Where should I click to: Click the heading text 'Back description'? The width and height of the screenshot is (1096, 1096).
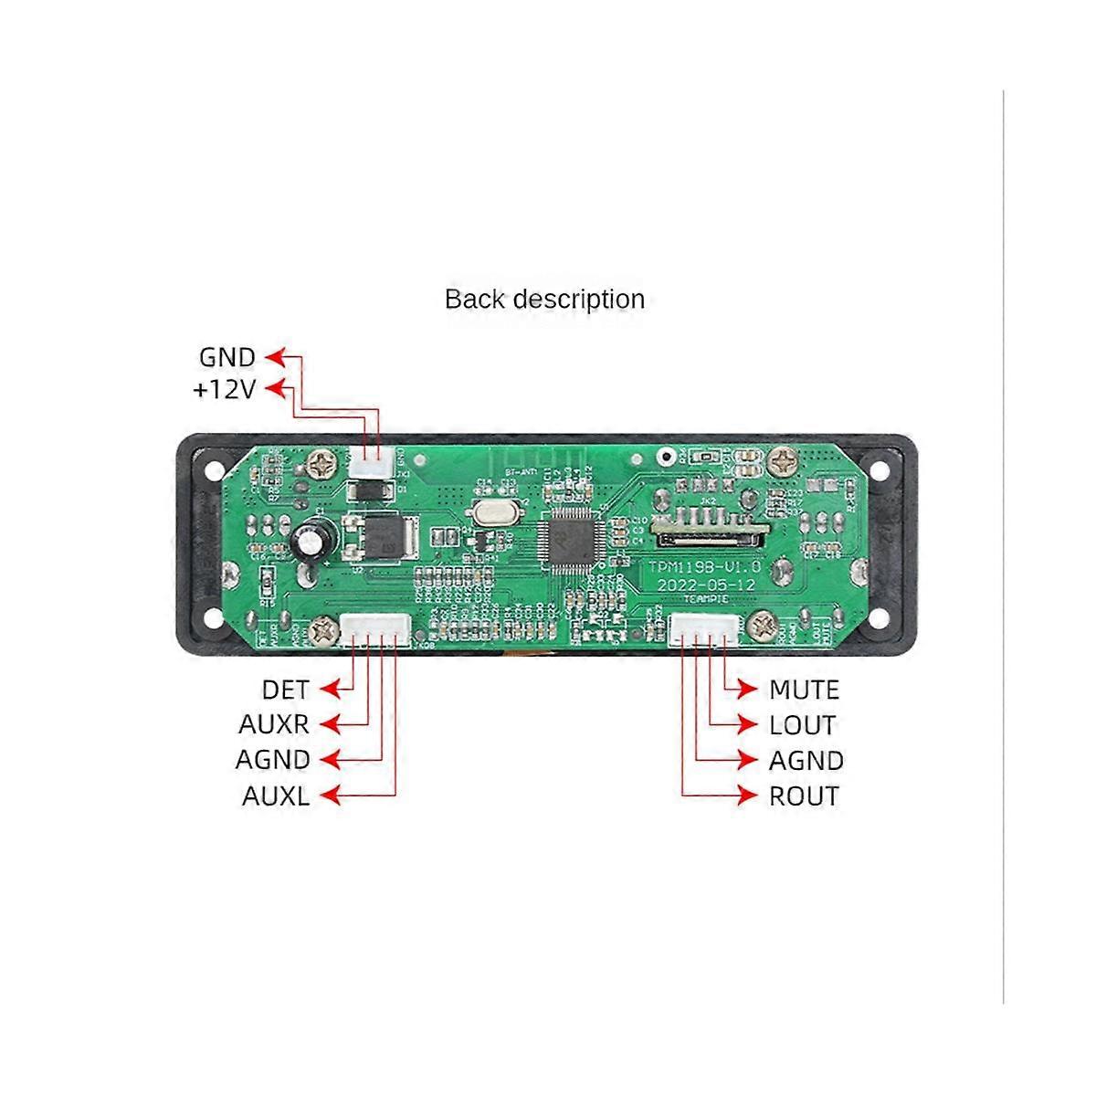[x=544, y=300]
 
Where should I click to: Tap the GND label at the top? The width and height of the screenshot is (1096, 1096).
[x=227, y=357]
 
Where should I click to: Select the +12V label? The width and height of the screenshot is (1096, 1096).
[x=224, y=390]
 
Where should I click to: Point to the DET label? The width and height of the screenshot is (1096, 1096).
[x=285, y=690]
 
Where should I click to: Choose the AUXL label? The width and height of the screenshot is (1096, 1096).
[x=275, y=796]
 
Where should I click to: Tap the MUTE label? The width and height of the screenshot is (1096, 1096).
[x=804, y=690]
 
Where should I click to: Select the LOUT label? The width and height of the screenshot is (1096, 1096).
[x=802, y=725]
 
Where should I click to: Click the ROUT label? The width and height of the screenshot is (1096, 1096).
[x=804, y=796]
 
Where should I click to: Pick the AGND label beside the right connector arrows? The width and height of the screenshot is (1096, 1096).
[x=806, y=761]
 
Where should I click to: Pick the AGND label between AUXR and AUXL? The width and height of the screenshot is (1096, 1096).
[x=272, y=760]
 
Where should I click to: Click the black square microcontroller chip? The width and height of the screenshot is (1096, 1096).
[x=569, y=543]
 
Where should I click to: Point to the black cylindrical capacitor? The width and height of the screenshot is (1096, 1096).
[x=311, y=539]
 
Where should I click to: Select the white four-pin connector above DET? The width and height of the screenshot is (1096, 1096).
[x=374, y=630]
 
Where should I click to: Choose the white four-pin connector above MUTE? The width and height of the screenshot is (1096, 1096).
[x=704, y=630]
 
